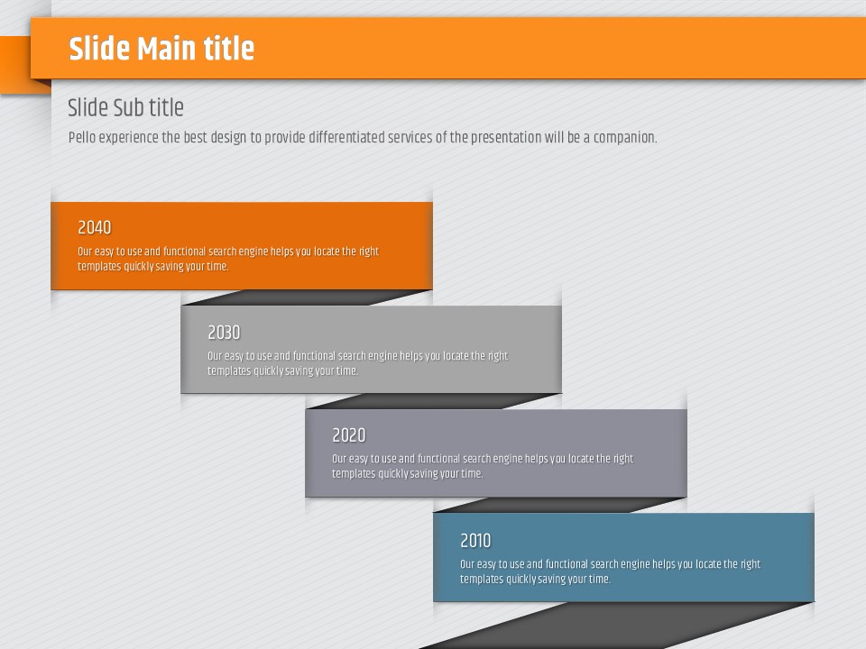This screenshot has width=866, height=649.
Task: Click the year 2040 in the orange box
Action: coord(95,227)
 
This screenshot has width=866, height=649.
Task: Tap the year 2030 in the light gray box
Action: coord(224,333)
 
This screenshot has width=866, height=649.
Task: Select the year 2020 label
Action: coord(348,435)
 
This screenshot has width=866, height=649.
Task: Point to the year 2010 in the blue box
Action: coord(475,541)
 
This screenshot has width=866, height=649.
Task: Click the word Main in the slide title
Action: coord(168,49)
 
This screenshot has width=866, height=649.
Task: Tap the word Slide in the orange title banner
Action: coord(99,49)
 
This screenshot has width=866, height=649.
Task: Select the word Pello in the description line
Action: coord(82,137)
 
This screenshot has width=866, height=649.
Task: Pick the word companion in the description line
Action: coord(625,137)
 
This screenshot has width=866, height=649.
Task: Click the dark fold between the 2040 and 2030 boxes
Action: coord(307,297)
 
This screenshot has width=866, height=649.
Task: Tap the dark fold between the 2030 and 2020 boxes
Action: coord(433,401)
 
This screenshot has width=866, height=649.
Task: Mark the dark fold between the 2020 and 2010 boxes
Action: coord(559,505)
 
